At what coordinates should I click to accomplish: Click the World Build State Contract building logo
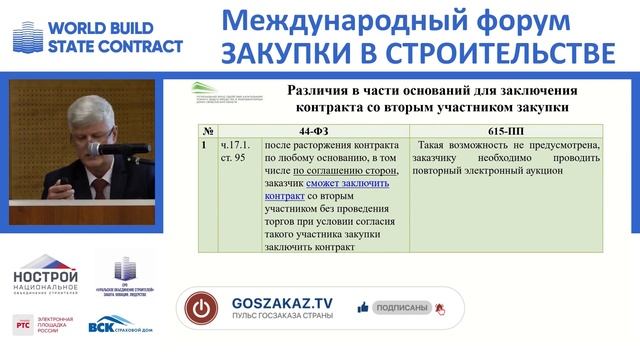pos(27,36)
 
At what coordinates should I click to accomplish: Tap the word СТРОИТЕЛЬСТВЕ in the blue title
pos(500,50)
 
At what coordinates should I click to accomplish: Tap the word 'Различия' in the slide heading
pos(321,87)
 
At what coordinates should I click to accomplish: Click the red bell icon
pos(439,309)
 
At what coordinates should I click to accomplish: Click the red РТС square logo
pos(22,324)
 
